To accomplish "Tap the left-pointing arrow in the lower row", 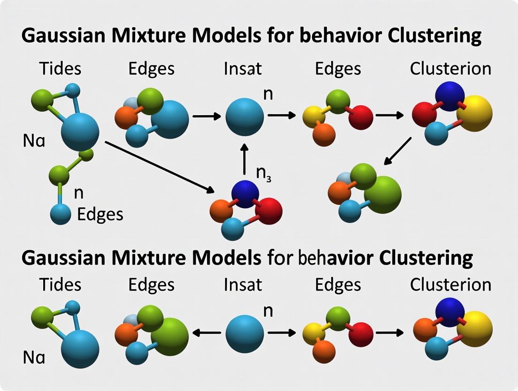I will click(206, 333).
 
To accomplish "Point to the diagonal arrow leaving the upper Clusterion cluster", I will click(398, 151).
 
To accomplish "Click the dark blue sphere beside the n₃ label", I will click(244, 193).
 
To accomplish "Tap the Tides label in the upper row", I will click(60, 69).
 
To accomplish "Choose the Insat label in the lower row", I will click(243, 285).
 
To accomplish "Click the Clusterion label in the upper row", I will click(450, 69).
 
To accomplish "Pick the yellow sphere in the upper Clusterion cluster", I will click(474, 113).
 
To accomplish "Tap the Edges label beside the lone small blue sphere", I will click(100, 215).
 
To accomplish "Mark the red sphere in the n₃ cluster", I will click(269, 211).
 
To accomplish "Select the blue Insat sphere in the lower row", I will click(244, 333).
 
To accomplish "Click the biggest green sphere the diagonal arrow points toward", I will click(382, 194).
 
